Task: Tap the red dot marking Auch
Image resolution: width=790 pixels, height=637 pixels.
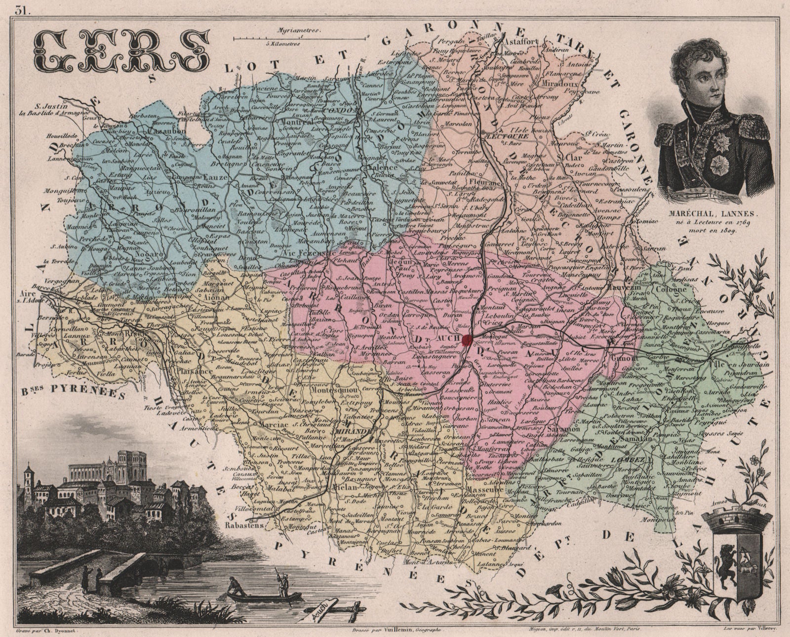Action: pos(468,339)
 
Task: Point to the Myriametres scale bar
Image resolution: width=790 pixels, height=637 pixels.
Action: pos(301,37)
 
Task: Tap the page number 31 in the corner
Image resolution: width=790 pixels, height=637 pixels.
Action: pos(21,8)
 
